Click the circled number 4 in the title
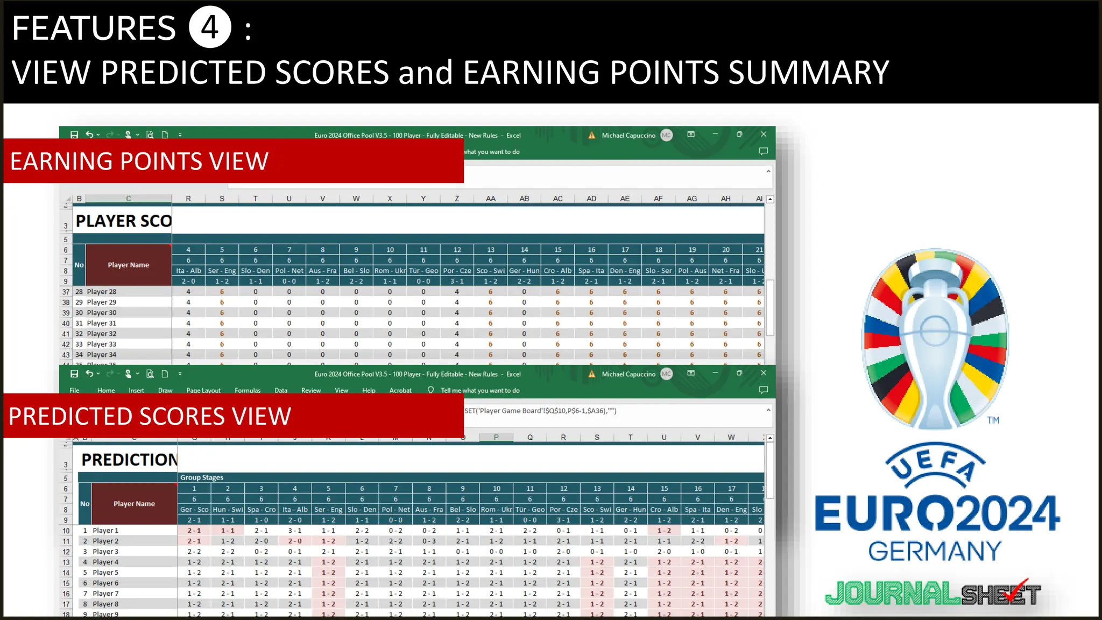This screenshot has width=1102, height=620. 210,27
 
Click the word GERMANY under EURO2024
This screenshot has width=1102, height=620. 935,551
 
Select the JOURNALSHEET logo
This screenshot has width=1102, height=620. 933,594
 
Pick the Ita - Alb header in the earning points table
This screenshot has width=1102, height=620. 188,271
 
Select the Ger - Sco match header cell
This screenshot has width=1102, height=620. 194,510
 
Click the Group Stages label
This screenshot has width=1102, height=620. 201,477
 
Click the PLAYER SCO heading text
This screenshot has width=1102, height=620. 123,221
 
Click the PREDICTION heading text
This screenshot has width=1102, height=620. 129,460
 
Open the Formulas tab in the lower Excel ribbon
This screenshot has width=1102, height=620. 247,391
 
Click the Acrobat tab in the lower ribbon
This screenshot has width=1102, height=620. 400,391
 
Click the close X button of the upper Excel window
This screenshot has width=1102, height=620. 763,135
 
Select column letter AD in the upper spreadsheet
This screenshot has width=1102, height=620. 591,199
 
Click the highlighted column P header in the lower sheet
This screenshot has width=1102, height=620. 496,438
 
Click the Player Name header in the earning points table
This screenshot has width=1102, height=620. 128,265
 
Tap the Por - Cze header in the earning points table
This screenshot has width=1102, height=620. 457,271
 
